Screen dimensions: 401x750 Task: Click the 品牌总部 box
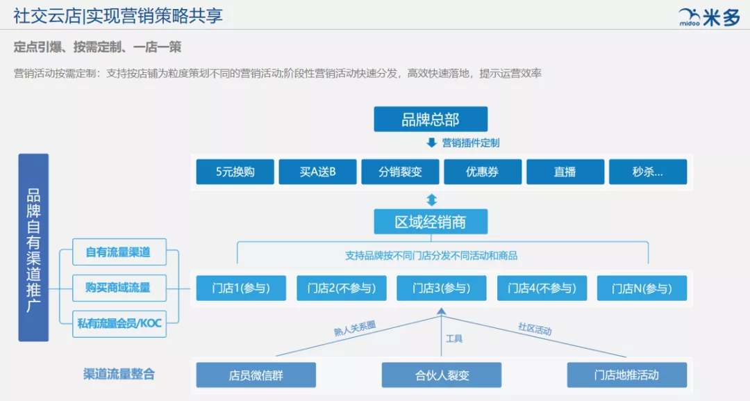(x=431, y=119)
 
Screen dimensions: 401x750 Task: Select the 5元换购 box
(x=235, y=172)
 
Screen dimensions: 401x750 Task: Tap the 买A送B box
(x=317, y=172)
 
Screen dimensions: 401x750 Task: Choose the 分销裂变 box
(x=400, y=172)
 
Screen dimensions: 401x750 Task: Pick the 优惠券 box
(x=483, y=172)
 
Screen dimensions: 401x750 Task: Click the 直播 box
(x=565, y=172)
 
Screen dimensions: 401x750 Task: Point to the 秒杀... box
(x=647, y=172)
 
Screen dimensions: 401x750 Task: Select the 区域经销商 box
(x=431, y=222)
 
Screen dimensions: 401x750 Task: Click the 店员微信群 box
(x=256, y=375)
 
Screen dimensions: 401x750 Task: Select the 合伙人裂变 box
(x=442, y=375)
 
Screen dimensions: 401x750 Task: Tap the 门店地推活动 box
(x=626, y=375)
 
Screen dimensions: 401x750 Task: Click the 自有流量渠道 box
(x=119, y=252)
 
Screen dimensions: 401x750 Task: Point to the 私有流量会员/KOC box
(x=119, y=323)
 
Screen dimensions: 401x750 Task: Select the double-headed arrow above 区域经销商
(x=431, y=200)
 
